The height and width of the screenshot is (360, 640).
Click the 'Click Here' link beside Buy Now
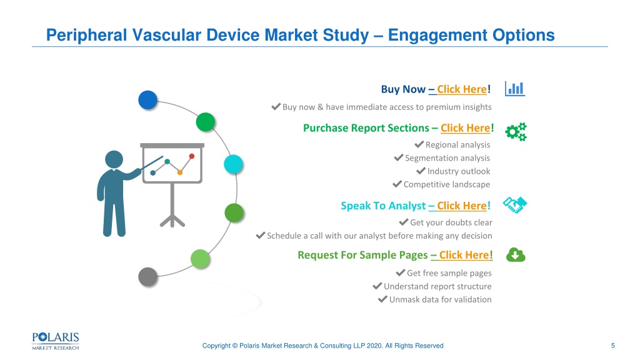click(x=462, y=89)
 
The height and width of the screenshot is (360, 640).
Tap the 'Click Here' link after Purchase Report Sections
click(x=465, y=128)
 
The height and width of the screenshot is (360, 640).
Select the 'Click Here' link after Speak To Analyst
click(x=462, y=206)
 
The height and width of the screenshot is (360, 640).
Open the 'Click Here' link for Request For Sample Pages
click(x=464, y=255)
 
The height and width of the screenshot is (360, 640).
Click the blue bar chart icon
click(x=515, y=89)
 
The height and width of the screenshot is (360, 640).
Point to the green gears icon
click(x=516, y=132)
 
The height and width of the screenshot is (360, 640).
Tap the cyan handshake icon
click(x=515, y=205)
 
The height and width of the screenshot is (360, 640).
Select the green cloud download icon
click(x=516, y=255)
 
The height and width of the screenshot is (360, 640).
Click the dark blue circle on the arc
click(x=147, y=100)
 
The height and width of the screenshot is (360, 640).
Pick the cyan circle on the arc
click(x=234, y=164)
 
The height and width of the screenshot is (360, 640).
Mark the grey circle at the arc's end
click(x=147, y=277)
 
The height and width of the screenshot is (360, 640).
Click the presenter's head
click(x=114, y=159)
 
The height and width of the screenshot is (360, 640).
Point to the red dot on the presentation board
click(x=192, y=156)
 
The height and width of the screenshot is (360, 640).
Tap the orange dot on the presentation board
click(x=179, y=172)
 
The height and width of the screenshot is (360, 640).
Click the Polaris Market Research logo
click(x=56, y=341)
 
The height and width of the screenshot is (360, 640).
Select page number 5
click(x=612, y=346)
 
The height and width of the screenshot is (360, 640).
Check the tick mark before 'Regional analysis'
click(x=419, y=144)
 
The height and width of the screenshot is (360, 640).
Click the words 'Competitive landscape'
click(x=447, y=184)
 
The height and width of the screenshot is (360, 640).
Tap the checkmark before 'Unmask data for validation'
click(x=382, y=299)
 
